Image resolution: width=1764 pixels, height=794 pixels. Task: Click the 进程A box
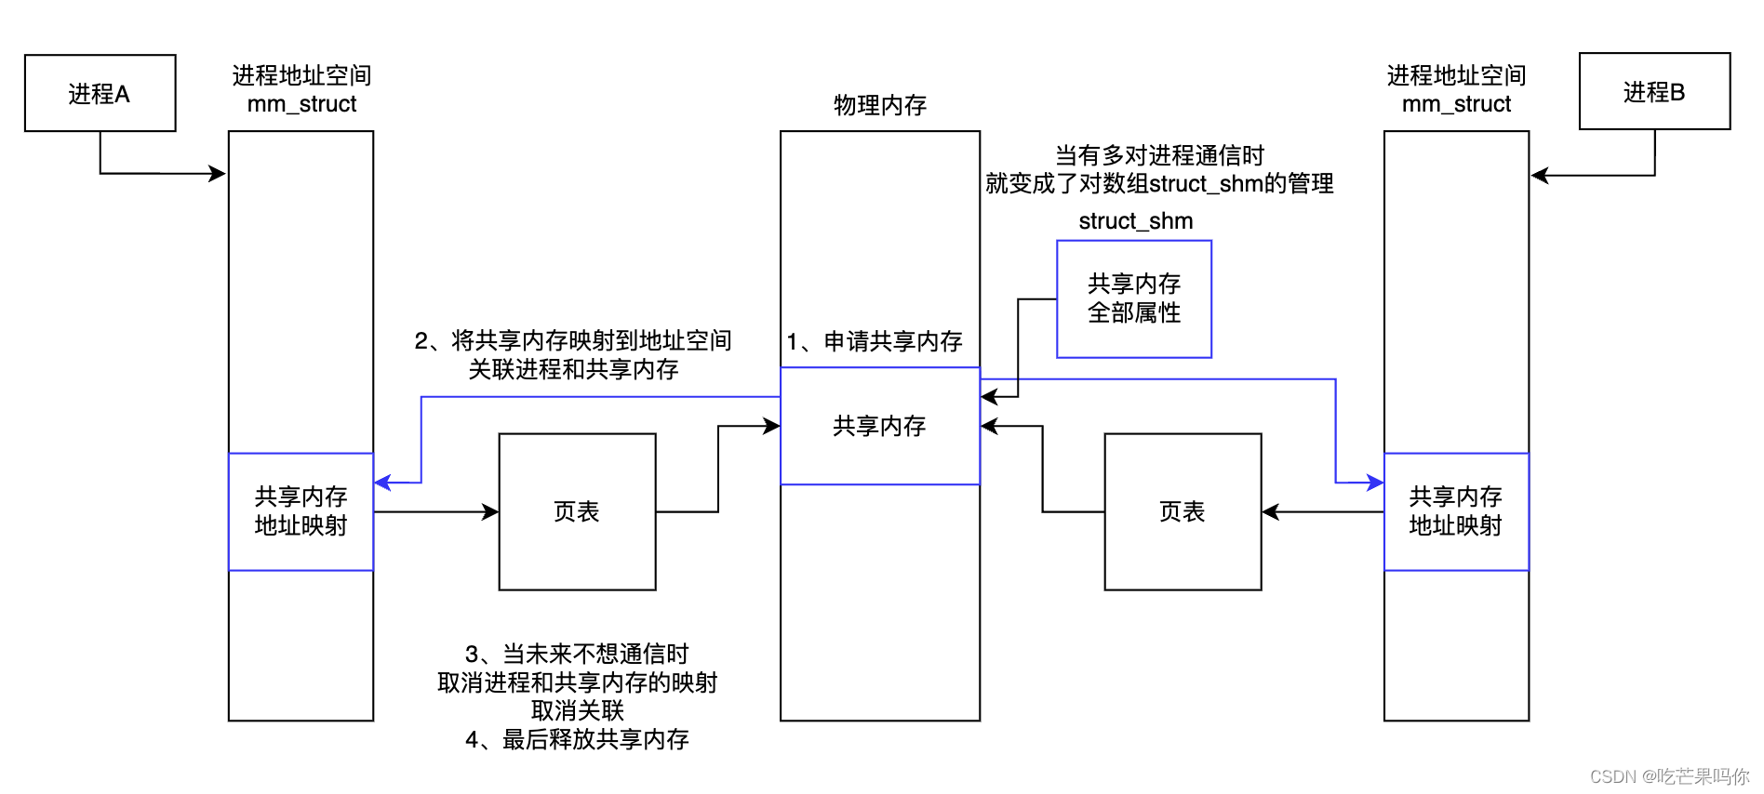[100, 93]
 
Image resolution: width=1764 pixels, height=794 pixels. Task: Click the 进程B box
[1653, 91]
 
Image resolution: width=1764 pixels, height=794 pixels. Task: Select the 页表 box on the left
[577, 511]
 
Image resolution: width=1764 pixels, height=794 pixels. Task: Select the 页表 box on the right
[1182, 511]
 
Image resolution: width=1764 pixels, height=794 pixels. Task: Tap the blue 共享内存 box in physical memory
[879, 426]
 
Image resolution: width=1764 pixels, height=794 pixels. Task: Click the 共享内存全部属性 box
[1133, 298]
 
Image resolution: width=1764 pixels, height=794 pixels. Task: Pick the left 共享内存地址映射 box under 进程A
[301, 511]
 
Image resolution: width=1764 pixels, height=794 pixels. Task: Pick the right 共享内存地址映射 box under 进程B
[1455, 511]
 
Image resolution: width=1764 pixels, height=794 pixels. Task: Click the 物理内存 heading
[879, 105]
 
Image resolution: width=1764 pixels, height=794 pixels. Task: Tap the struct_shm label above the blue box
[1135, 221]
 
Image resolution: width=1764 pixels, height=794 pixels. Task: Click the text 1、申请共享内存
[874, 341]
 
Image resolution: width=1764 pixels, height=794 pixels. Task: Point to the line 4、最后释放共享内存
[577, 739]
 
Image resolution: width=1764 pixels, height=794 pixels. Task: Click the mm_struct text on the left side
[301, 104]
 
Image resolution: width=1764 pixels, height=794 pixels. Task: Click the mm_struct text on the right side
[1456, 104]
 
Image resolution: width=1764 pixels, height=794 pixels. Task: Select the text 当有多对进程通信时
[1159, 155]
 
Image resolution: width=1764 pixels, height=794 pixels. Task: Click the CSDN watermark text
[1669, 776]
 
